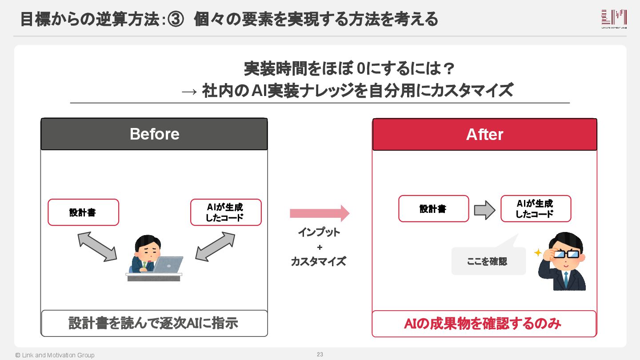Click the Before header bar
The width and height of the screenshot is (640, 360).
pyautogui.click(x=154, y=134)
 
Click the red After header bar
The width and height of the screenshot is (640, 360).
pyautogui.click(x=484, y=134)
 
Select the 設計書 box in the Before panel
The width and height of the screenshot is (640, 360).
pyautogui.click(x=83, y=212)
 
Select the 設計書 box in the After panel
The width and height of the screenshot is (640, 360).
pyautogui.click(x=433, y=208)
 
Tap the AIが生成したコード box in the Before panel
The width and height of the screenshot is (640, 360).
pyautogui.click(x=226, y=212)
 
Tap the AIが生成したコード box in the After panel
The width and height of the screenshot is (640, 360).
pyautogui.click(x=536, y=208)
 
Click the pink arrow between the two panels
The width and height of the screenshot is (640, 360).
pyautogui.click(x=320, y=213)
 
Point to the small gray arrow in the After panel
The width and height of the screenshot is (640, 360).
pyautogui.click(x=484, y=210)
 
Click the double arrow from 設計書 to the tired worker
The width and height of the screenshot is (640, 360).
pyautogui.click(x=97, y=247)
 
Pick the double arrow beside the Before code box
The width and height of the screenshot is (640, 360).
pyautogui.click(x=215, y=247)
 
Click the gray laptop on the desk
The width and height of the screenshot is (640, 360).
pyautogui.click(x=168, y=264)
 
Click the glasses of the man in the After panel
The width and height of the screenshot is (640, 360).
pyautogui.click(x=567, y=254)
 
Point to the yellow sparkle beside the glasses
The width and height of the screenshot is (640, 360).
pyautogui.click(x=538, y=252)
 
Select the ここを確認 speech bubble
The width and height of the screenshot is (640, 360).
pyautogui.click(x=488, y=260)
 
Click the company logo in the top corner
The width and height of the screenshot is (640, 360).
pyautogui.click(x=614, y=19)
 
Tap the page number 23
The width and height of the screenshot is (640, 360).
pyautogui.click(x=320, y=354)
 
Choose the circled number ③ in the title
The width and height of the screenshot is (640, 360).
pyautogui.click(x=175, y=20)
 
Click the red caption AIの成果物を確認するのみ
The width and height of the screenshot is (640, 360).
pyautogui.click(x=483, y=324)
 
